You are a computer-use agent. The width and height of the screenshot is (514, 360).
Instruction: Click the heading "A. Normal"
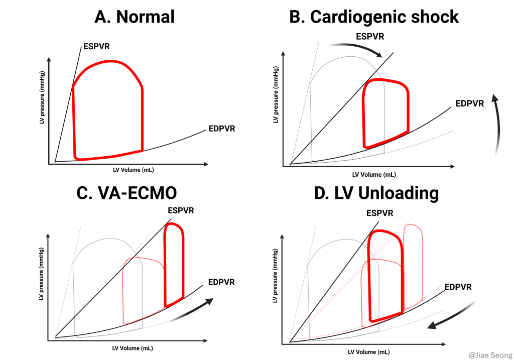(x=134, y=17)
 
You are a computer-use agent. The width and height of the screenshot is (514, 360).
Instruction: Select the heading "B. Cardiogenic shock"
(x=374, y=17)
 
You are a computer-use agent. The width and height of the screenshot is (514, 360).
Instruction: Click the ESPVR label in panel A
(x=97, y=47)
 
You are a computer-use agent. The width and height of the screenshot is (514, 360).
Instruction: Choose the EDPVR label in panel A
(x=221, y=129)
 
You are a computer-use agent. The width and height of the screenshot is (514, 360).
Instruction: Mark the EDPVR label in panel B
(x=469, y=104)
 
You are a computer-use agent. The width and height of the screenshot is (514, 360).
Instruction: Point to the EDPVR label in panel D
(x=457, y=287)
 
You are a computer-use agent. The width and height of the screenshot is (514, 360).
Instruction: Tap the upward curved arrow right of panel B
(x=497, y=123)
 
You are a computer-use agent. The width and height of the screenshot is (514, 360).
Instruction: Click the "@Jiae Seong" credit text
(x=487, y=354)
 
